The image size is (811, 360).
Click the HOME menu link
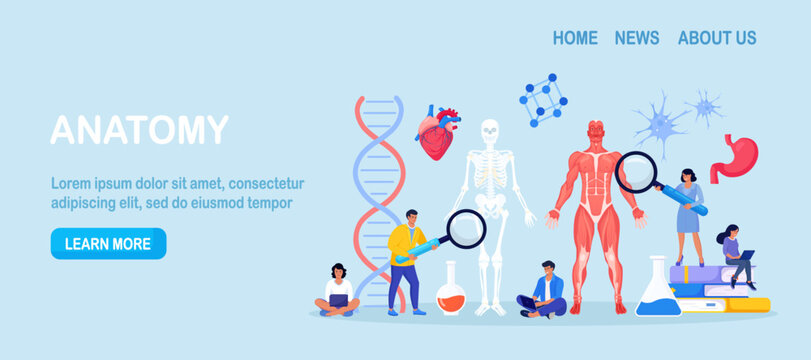coord(575,38)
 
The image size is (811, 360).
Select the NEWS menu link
coord(637,38)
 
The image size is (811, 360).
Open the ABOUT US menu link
coord(717,38)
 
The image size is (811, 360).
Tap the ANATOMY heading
coord(139,130)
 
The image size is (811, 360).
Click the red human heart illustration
coord(437,133)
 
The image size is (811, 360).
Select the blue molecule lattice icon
coord(543,101)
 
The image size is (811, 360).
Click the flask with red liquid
coord(450,293)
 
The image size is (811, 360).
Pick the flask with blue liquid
coord(657,291)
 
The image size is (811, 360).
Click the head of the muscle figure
coord(596,133)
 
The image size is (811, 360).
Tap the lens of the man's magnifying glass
coord(465,229)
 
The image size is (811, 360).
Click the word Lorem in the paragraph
coord(71,184)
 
